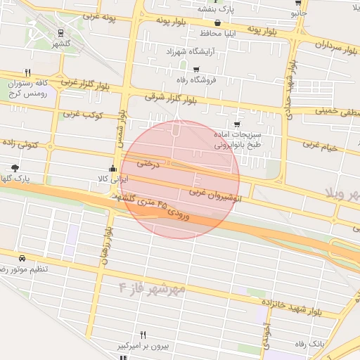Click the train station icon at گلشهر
(x=61, y=32)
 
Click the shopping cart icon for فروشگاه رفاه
(x=196, y=69)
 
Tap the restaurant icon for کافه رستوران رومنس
(x=28, y=72)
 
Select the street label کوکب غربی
(x=84, y=114)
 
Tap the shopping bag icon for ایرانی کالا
(x=112, y=168)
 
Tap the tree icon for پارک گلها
(x=15, y=167)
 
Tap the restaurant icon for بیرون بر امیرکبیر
(x=143, y=335)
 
